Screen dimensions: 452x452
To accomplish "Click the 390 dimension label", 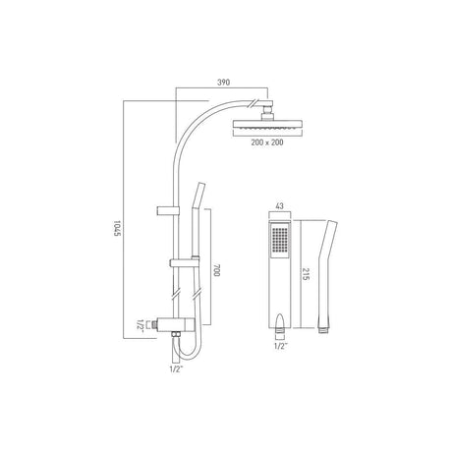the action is coord(224,82).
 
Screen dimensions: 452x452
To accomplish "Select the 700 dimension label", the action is coord(216,270).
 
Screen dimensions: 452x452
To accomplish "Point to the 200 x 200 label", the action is coord(267,142).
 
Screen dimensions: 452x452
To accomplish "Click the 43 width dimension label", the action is coord(280,206).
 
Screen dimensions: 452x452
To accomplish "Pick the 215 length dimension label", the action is coord(306,274).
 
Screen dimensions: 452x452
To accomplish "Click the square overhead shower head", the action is coord(267,125).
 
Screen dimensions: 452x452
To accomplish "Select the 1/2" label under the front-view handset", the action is coord(279,346).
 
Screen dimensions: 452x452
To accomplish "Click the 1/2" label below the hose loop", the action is coord(176,369).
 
